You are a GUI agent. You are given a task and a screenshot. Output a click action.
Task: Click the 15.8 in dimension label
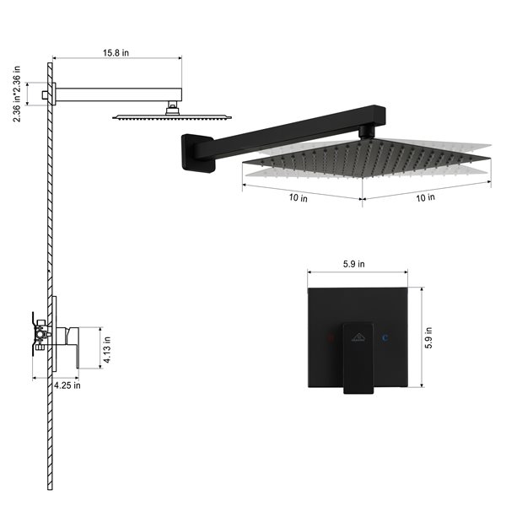click(116, 52)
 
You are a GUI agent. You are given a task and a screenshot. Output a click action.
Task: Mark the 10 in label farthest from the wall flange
click(426, 197)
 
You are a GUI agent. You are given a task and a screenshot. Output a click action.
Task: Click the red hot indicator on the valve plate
click(330, 337)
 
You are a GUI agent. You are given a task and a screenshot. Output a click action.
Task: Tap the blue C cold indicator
click(385, 337)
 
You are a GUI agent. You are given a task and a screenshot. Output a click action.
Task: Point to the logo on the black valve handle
click(358, 337)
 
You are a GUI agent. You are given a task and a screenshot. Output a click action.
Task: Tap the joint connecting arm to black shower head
click(366, 132)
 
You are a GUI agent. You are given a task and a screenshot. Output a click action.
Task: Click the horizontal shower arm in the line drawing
click(118, 93)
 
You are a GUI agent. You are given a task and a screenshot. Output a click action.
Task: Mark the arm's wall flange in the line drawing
click(51, 93)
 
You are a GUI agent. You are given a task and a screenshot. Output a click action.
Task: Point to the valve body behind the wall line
click(39, 335)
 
